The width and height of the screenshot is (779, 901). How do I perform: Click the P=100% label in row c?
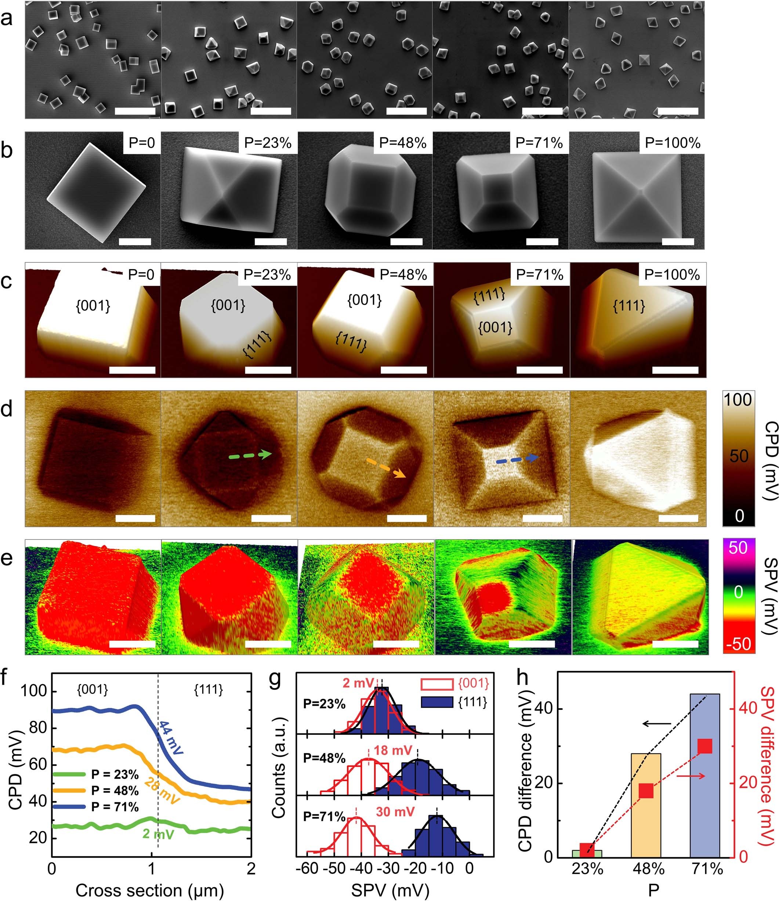tap(672, 275)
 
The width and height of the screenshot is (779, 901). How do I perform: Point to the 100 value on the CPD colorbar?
tap(739, 400)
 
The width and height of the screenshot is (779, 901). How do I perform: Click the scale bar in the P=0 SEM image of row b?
tap(135, 242)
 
